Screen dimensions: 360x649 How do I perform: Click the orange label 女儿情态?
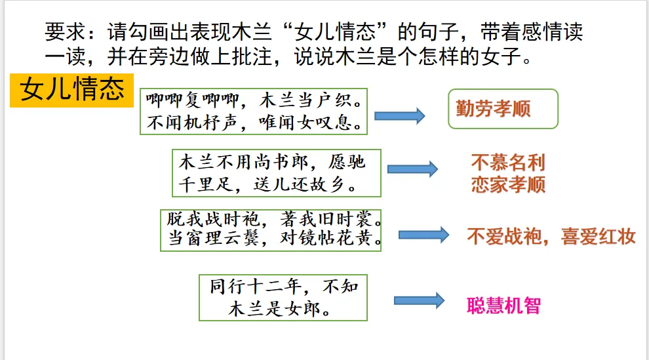(72, 90)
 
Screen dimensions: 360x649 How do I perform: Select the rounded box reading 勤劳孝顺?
(503, 109)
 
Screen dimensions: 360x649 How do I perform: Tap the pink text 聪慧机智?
(503, 305)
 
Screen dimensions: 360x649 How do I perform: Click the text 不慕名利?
(508, 162)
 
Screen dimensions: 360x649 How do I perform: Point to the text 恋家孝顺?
(508, 184)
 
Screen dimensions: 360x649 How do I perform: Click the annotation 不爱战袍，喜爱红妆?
(551, 236)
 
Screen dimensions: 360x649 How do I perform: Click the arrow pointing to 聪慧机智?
(419, 300)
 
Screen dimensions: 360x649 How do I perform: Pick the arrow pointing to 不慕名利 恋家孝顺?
(412, 169)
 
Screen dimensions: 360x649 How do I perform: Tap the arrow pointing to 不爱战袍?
(423, 235)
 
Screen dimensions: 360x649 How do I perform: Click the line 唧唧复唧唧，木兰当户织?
(253, 102)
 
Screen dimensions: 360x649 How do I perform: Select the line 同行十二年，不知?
(283, 287)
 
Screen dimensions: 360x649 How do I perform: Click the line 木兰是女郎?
(278, 309)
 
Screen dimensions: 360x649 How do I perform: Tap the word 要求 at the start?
(62, 31)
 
